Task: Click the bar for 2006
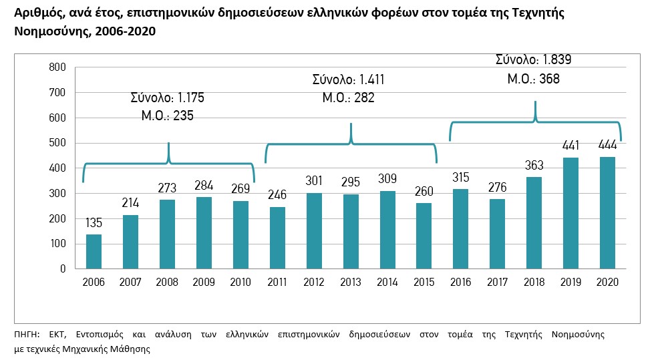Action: click(x=94, y=252)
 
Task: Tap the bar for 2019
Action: click(x=570, y=213)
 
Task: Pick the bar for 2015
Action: click(x=424, y=236)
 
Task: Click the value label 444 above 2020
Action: click(x=607, y=146)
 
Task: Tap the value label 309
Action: click(x=387, y=179)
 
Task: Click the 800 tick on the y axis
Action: click(x=57, y=67)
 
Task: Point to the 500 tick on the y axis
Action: click(x=57, y=143)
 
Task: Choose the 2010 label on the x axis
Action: click(x=240, y=282)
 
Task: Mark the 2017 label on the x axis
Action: click(x=497, y=282)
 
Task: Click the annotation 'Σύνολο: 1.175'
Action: click(x=167, y=98)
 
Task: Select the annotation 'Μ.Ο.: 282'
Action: click(x=348, y=98)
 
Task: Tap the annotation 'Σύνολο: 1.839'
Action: click(x=533, y=59)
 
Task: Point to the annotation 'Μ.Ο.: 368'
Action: click(x=533, y=79)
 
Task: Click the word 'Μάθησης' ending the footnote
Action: click(x=131, y=349)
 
